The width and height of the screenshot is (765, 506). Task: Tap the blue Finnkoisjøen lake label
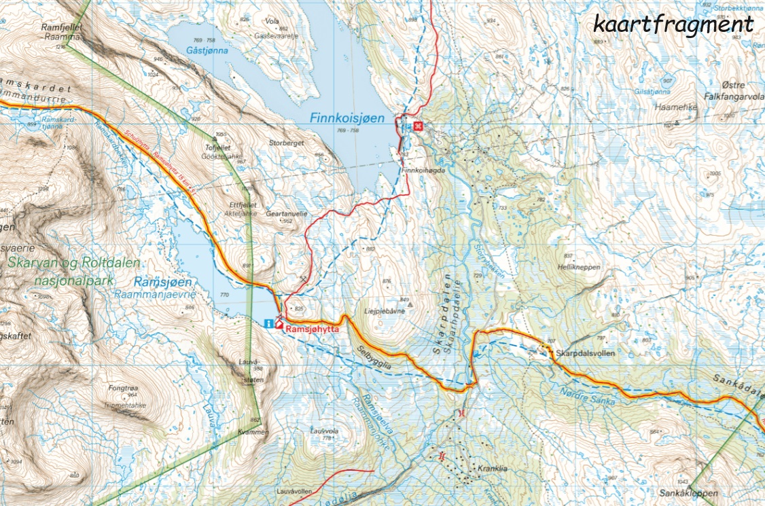tap(346, 118)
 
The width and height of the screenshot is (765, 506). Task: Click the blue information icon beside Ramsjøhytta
tap(269, 323)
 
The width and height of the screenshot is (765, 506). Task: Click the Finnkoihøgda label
tap(423, 170)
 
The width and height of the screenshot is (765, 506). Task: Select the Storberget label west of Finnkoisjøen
tap(284, 143)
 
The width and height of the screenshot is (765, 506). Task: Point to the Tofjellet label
tap(218, 147)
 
